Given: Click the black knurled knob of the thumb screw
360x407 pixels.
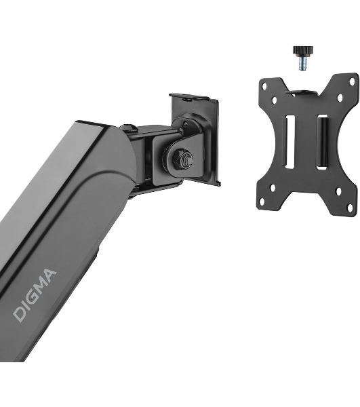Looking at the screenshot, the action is pos(302,51).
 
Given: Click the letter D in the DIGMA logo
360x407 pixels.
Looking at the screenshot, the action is pos(20,313).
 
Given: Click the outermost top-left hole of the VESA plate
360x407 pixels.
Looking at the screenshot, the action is pos(264,85).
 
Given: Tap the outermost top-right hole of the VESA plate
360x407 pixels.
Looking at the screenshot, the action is pos(352,82).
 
